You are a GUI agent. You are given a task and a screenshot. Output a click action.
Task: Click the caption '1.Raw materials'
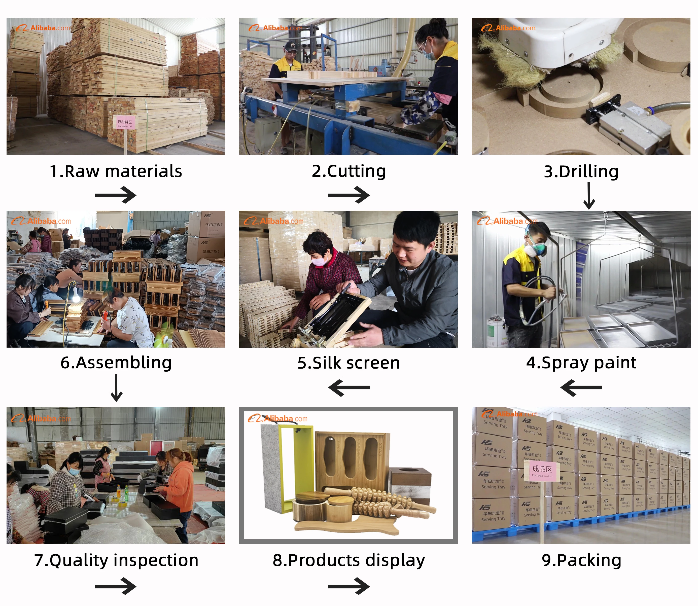click(x=116, y=171)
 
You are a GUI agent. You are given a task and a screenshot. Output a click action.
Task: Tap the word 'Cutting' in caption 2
click(x=357, y=171)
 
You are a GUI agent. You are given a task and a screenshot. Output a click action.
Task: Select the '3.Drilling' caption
click(x=581, y=171)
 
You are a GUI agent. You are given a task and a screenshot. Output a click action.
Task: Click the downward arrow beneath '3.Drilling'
click(x=589, y=195)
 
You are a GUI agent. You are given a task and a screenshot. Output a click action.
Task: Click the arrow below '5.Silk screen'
click(x=349, y=387)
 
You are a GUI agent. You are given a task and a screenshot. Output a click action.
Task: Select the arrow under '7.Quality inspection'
click(x=115, y=586)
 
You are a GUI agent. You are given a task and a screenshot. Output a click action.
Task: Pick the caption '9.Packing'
click(x=581, y=560)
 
